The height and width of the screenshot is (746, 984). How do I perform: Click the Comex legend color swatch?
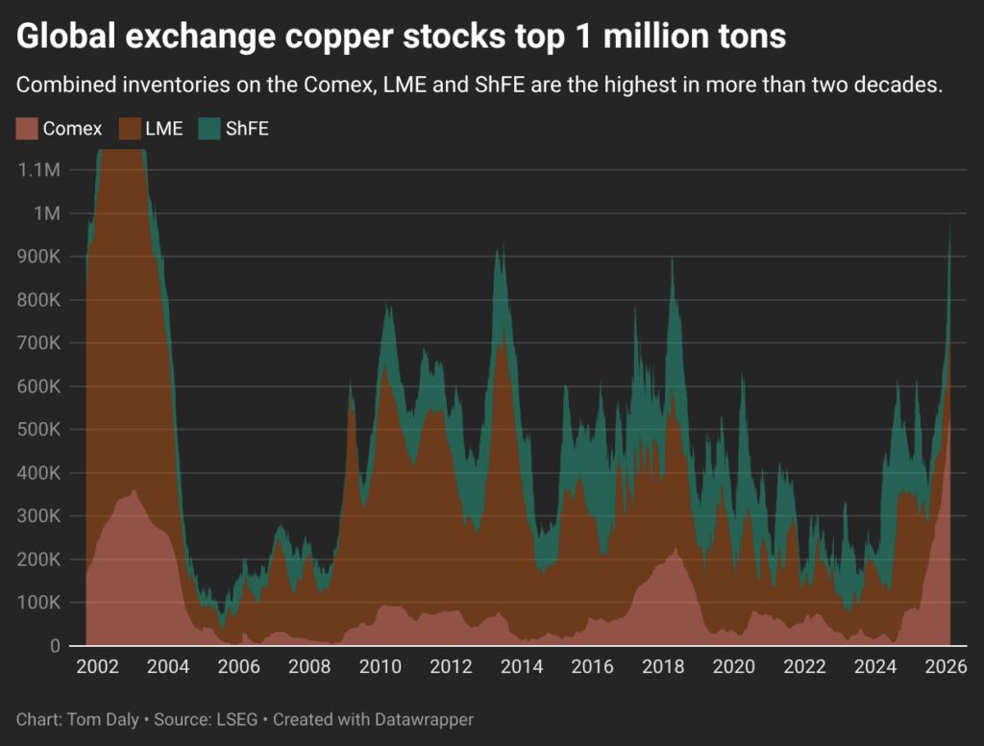(x=26, y=129)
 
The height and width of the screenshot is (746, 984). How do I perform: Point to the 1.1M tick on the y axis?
(x=39, y=169)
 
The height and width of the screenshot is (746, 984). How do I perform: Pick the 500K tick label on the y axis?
(x=37, y=430)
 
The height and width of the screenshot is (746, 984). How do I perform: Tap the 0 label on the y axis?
(x=56, y=646)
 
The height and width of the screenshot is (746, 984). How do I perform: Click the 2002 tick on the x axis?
(x=97, y=666)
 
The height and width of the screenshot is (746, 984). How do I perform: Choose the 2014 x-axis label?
(x=522, y=666)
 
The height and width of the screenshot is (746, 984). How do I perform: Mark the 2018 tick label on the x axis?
(x=663, y=666)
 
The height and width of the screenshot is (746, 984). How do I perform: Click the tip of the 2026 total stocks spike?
(x=950, y=222)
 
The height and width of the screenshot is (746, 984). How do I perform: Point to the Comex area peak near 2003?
(x=134, y=490)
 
